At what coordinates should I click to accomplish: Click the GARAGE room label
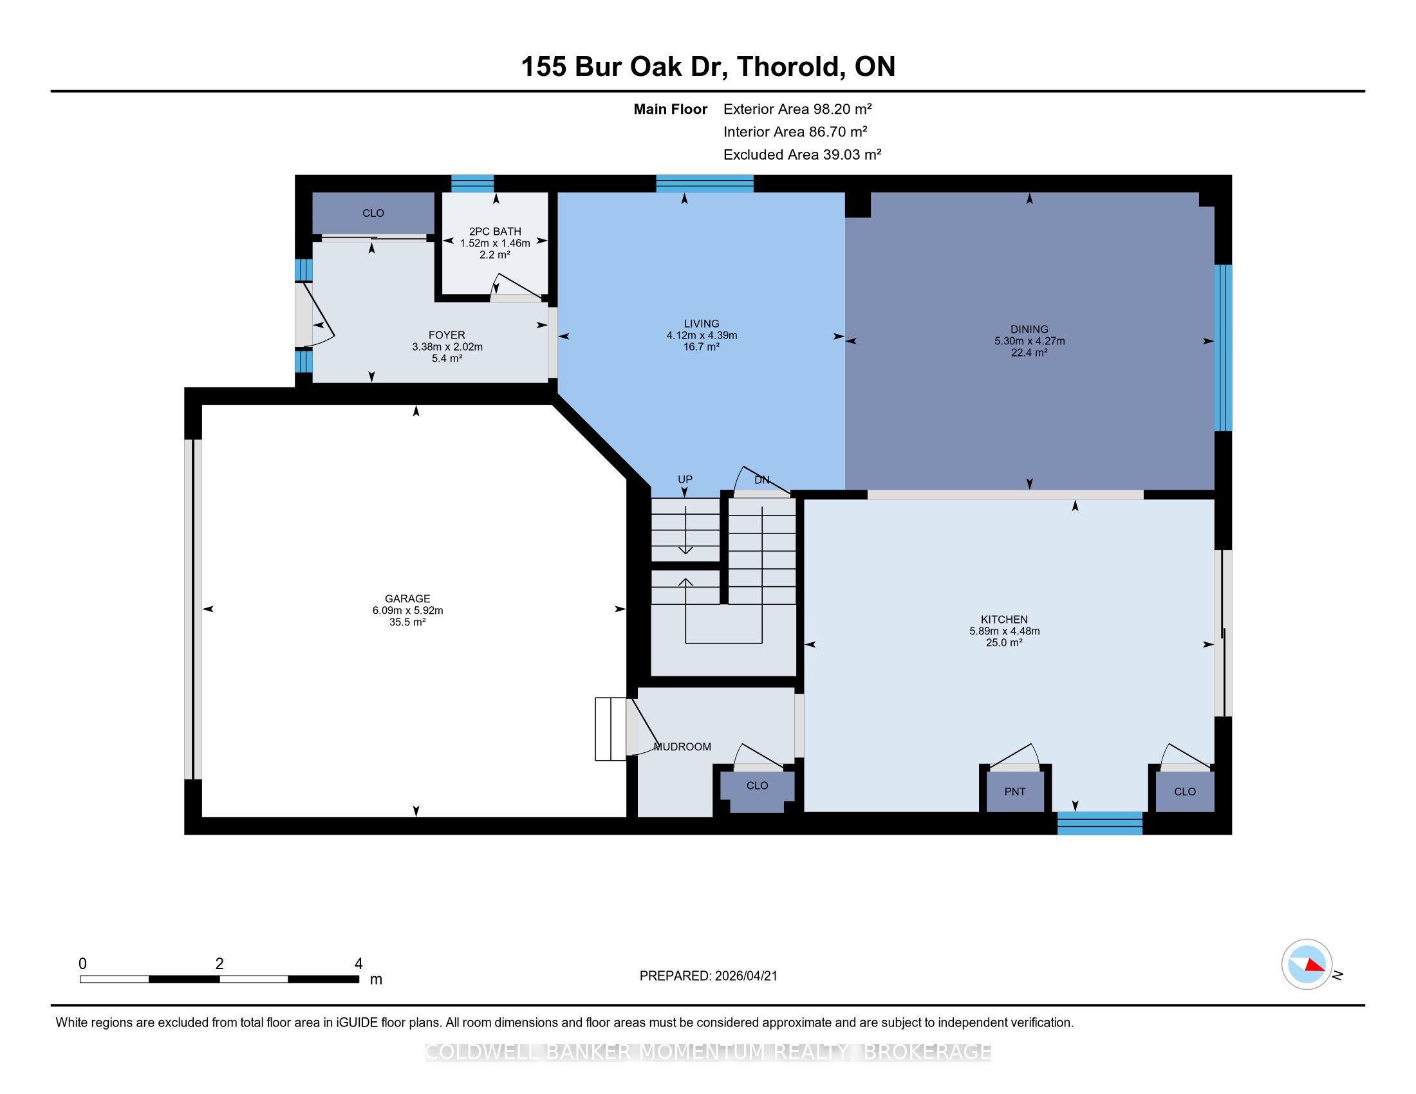tap(407, 599)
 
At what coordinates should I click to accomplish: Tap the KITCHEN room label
tap(1004, 620)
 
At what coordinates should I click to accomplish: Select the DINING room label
tap(1029, 329)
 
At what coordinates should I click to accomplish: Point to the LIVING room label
tap(702, 324)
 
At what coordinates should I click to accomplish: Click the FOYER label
tap(447, 335)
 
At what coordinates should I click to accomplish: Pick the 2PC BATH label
tap(495, 232)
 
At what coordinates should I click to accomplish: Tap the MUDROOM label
tap(682, 746)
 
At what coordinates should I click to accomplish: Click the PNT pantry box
tap(1014, 792)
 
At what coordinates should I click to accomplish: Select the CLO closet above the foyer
tap(373, 213)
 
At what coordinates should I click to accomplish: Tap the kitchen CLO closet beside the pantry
tap(1184, 792)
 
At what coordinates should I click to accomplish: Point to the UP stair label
tap(685, 479)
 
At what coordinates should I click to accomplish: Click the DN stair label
tap(762, 480)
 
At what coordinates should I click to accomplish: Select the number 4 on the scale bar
tap(359, 964)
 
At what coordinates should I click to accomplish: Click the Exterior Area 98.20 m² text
tap(797, 109)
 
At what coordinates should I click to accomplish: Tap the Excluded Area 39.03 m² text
tap(803, 154)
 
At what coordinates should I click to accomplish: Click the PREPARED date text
tap(708, 976)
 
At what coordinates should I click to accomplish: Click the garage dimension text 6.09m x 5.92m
tap(407, 611)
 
